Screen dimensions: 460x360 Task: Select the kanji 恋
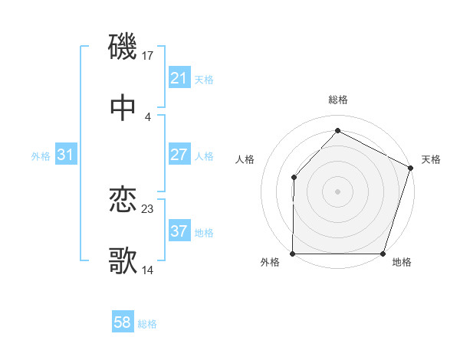click(x=123, y=200)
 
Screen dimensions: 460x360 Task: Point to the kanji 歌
click(x=123, y=260)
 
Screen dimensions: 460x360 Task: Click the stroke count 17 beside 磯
click(x=149, y=55)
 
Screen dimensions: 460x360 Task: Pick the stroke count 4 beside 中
click(x=147, y=116)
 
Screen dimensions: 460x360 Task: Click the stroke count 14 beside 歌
click(x=148, y=270)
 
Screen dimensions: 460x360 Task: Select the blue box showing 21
click(x=179, y=78)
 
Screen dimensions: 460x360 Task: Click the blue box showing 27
click(x=179, y=155)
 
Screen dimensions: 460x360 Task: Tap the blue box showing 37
click(x=179, y=231)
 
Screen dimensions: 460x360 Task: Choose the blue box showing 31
click(x=65, y=155)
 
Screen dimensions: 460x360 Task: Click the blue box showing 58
click(x=123, y=322)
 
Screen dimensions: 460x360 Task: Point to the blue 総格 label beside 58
click(x=147, y=324)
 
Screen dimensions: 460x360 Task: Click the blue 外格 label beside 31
click(x=41, y=155)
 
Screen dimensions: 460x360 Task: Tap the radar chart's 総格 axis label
click(x=337, y=100)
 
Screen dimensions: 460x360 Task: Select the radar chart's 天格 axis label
click(x=432, y=160)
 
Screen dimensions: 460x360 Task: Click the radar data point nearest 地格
click(x=383, y=254)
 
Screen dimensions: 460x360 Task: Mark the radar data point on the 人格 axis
click(x=294, y=177)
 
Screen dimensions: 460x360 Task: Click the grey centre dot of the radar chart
click(x=337, y=191)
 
